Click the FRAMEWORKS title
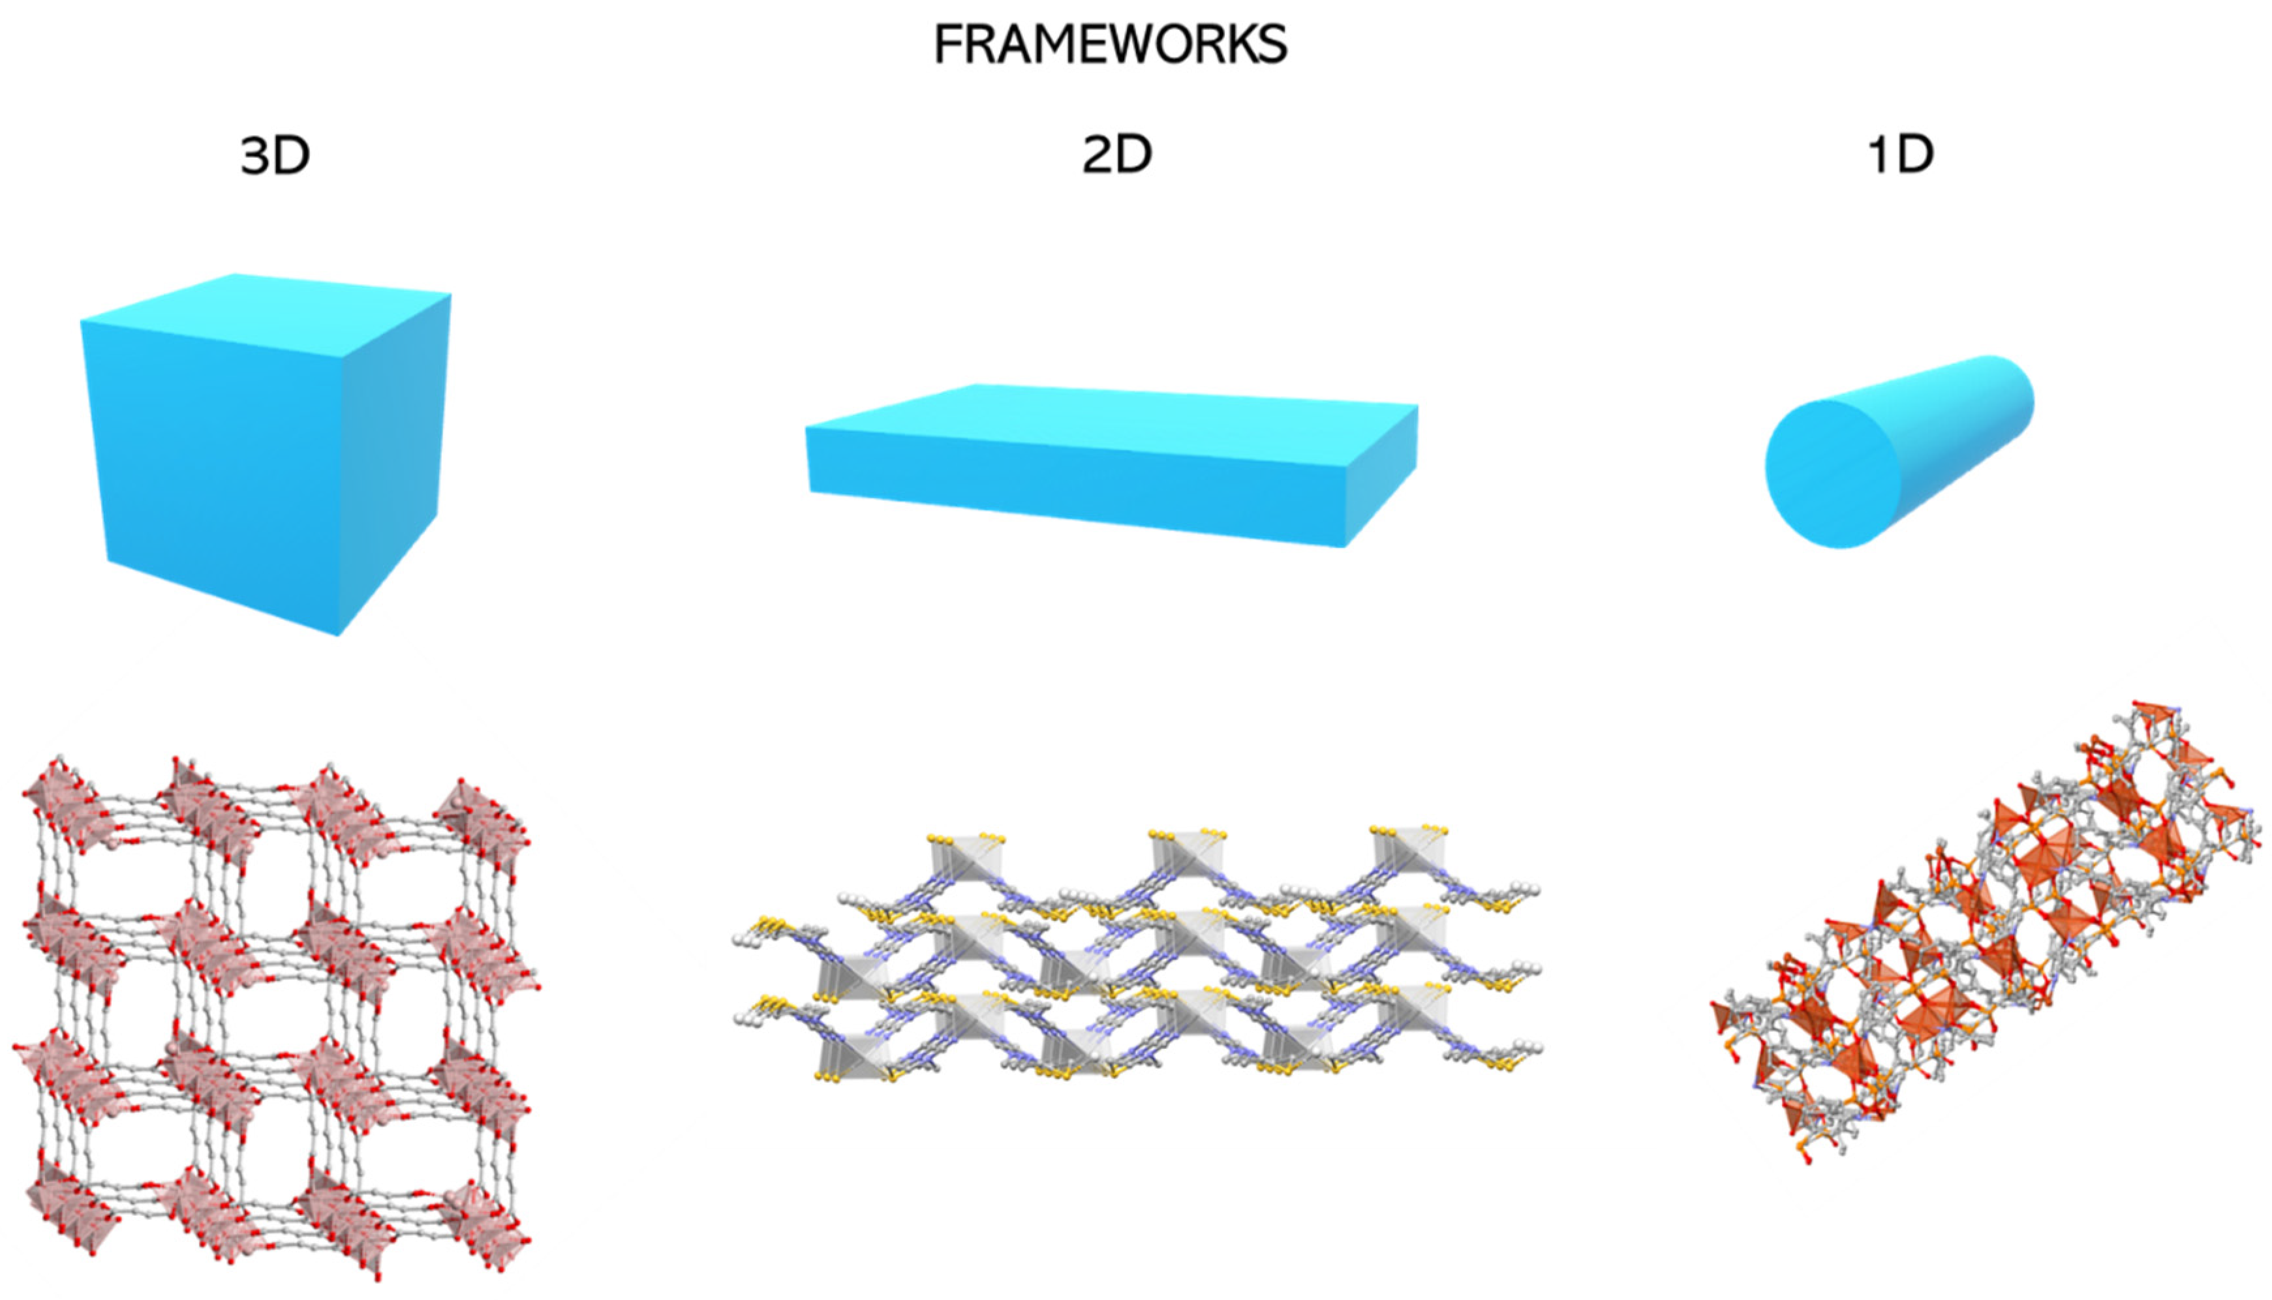1110,44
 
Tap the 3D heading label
275,155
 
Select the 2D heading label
1116,155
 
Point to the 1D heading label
1901,155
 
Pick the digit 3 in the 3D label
257,155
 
